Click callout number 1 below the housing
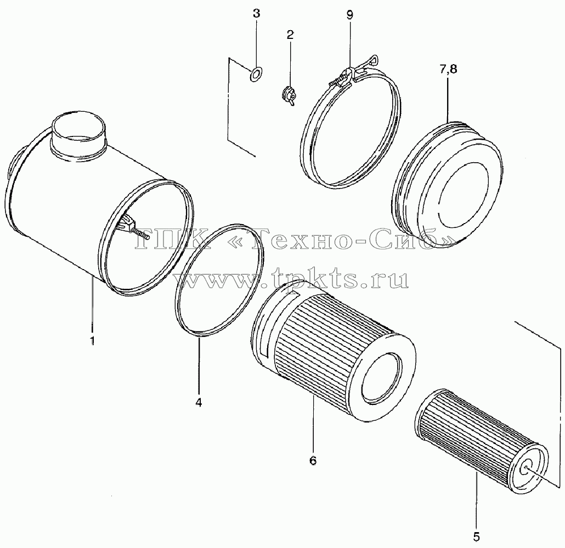[x=92, y=340]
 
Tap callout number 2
[x=290, y=35]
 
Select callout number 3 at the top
[x=256, y=14]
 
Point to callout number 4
[x=199, y=402]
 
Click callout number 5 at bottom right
[x=476, y=536]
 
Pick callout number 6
[x=313, y=460]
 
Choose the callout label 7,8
[x=448, y=68]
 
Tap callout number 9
[x=349, y=15]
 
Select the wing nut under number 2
[x=289, y=96]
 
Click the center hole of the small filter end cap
[x=525, y=469]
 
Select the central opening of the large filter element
[x=382, y=378]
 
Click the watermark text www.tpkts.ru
[x=291, y=278]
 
